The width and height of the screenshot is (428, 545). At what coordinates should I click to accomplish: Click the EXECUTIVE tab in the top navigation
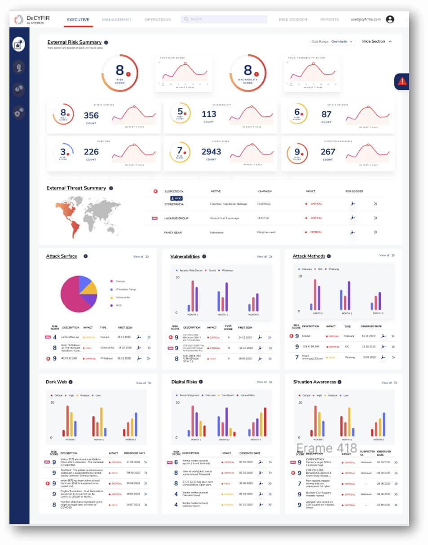[78, 20]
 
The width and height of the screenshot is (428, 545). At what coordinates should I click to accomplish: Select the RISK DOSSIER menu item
[293, 20]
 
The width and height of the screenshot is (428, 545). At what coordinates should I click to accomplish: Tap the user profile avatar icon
[390, 19]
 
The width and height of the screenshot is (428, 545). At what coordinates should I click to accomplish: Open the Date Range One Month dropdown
[342, 42]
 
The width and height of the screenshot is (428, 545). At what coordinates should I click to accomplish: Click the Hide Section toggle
[377, 41]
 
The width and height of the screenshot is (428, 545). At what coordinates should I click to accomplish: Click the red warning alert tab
[402, 81]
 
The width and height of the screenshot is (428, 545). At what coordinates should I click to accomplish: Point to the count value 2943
[212, 152]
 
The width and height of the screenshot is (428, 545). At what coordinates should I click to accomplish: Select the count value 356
[91, 115]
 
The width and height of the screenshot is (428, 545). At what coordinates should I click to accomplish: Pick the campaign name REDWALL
[264, 204]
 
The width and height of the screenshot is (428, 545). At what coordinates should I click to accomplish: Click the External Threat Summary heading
[76, 188]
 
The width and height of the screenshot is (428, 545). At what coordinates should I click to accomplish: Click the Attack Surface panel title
[62, 256]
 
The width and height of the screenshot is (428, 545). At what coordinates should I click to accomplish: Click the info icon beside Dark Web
[71, 382]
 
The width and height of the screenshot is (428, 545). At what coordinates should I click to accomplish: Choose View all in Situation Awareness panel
[388, 383]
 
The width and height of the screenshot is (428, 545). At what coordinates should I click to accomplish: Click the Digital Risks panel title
[185, 382]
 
